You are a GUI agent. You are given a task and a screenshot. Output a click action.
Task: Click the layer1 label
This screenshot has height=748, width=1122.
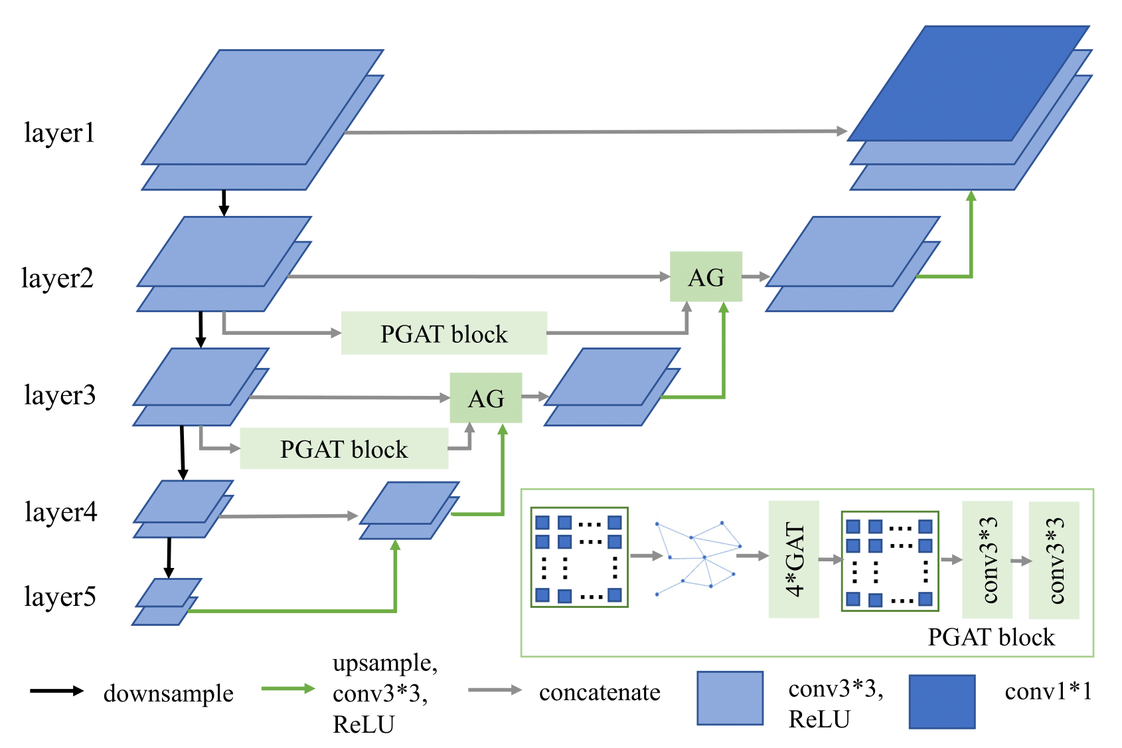[60, 133]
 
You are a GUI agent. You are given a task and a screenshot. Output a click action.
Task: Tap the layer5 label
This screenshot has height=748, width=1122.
[60, 597]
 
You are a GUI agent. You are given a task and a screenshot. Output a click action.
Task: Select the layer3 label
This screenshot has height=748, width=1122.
[60, 395]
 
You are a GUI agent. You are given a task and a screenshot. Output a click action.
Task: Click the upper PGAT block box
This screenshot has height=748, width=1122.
[443, 333]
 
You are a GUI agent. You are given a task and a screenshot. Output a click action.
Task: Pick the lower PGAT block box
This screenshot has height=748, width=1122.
[343, 449]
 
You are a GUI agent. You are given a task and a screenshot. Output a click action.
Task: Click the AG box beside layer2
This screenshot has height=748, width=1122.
[706, 277]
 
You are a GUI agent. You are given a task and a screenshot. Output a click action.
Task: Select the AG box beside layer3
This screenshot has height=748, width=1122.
[486, 399]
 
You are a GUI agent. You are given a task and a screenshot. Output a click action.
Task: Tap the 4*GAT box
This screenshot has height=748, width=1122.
[794, 560]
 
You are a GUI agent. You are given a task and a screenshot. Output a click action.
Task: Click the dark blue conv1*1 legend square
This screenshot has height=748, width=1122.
[941, 701]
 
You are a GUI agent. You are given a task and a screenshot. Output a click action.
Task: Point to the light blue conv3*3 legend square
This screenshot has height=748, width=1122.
[730, 698]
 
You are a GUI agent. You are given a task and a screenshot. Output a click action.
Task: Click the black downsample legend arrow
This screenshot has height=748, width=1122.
[57, 691]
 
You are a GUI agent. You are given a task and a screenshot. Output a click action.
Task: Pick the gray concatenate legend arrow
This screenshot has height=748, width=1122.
[495, 690]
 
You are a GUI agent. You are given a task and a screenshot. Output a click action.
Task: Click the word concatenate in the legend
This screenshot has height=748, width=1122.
[600, 692]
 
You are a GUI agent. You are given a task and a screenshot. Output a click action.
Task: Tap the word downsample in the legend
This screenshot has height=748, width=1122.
[169, 694]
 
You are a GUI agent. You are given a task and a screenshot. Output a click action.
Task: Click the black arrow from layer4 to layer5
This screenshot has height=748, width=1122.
[169, 558]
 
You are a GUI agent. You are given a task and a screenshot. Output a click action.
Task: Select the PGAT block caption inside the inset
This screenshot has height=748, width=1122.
[991, 637]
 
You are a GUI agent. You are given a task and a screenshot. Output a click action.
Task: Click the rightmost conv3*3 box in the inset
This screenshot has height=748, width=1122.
[1054, 560]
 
